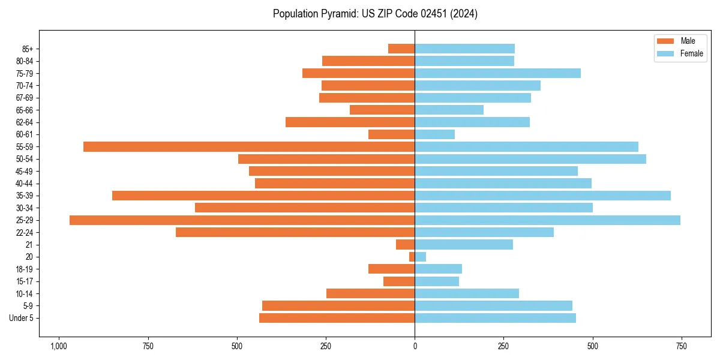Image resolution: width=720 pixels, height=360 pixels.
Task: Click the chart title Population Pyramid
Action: (x=375, y=14)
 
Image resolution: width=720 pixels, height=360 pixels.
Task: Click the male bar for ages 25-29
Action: (x=242, y=220)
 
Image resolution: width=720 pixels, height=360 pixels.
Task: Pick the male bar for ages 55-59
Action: (x=249, y=146)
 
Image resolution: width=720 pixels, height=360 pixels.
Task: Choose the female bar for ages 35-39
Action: (x=542, y=196)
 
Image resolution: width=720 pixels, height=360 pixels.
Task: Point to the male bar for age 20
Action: (x=412, y=257)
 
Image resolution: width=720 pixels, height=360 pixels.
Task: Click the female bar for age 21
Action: (x=464, y=245)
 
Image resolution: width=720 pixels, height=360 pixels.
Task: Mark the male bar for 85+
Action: (x=401, y=49)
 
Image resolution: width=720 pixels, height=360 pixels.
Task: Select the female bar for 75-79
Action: (x=497, y=73)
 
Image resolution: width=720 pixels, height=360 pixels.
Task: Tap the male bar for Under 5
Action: (x=337, y=318)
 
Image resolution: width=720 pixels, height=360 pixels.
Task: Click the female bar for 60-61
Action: (x=434, y=134)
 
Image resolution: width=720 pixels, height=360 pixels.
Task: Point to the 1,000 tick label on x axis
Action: (x=59, y=347)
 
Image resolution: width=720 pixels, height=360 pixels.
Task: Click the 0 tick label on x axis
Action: (x=415, y=347)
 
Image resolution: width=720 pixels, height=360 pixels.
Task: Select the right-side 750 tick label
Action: (x=681, y=347)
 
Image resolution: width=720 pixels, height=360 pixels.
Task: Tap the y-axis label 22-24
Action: (x=24, y=233)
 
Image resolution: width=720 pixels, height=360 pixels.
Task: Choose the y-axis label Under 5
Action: (x=21, y=318)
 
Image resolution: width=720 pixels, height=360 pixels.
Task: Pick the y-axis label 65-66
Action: (x=24, y=110)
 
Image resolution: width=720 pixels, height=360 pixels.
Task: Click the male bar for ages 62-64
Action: (x=350, y=122)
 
